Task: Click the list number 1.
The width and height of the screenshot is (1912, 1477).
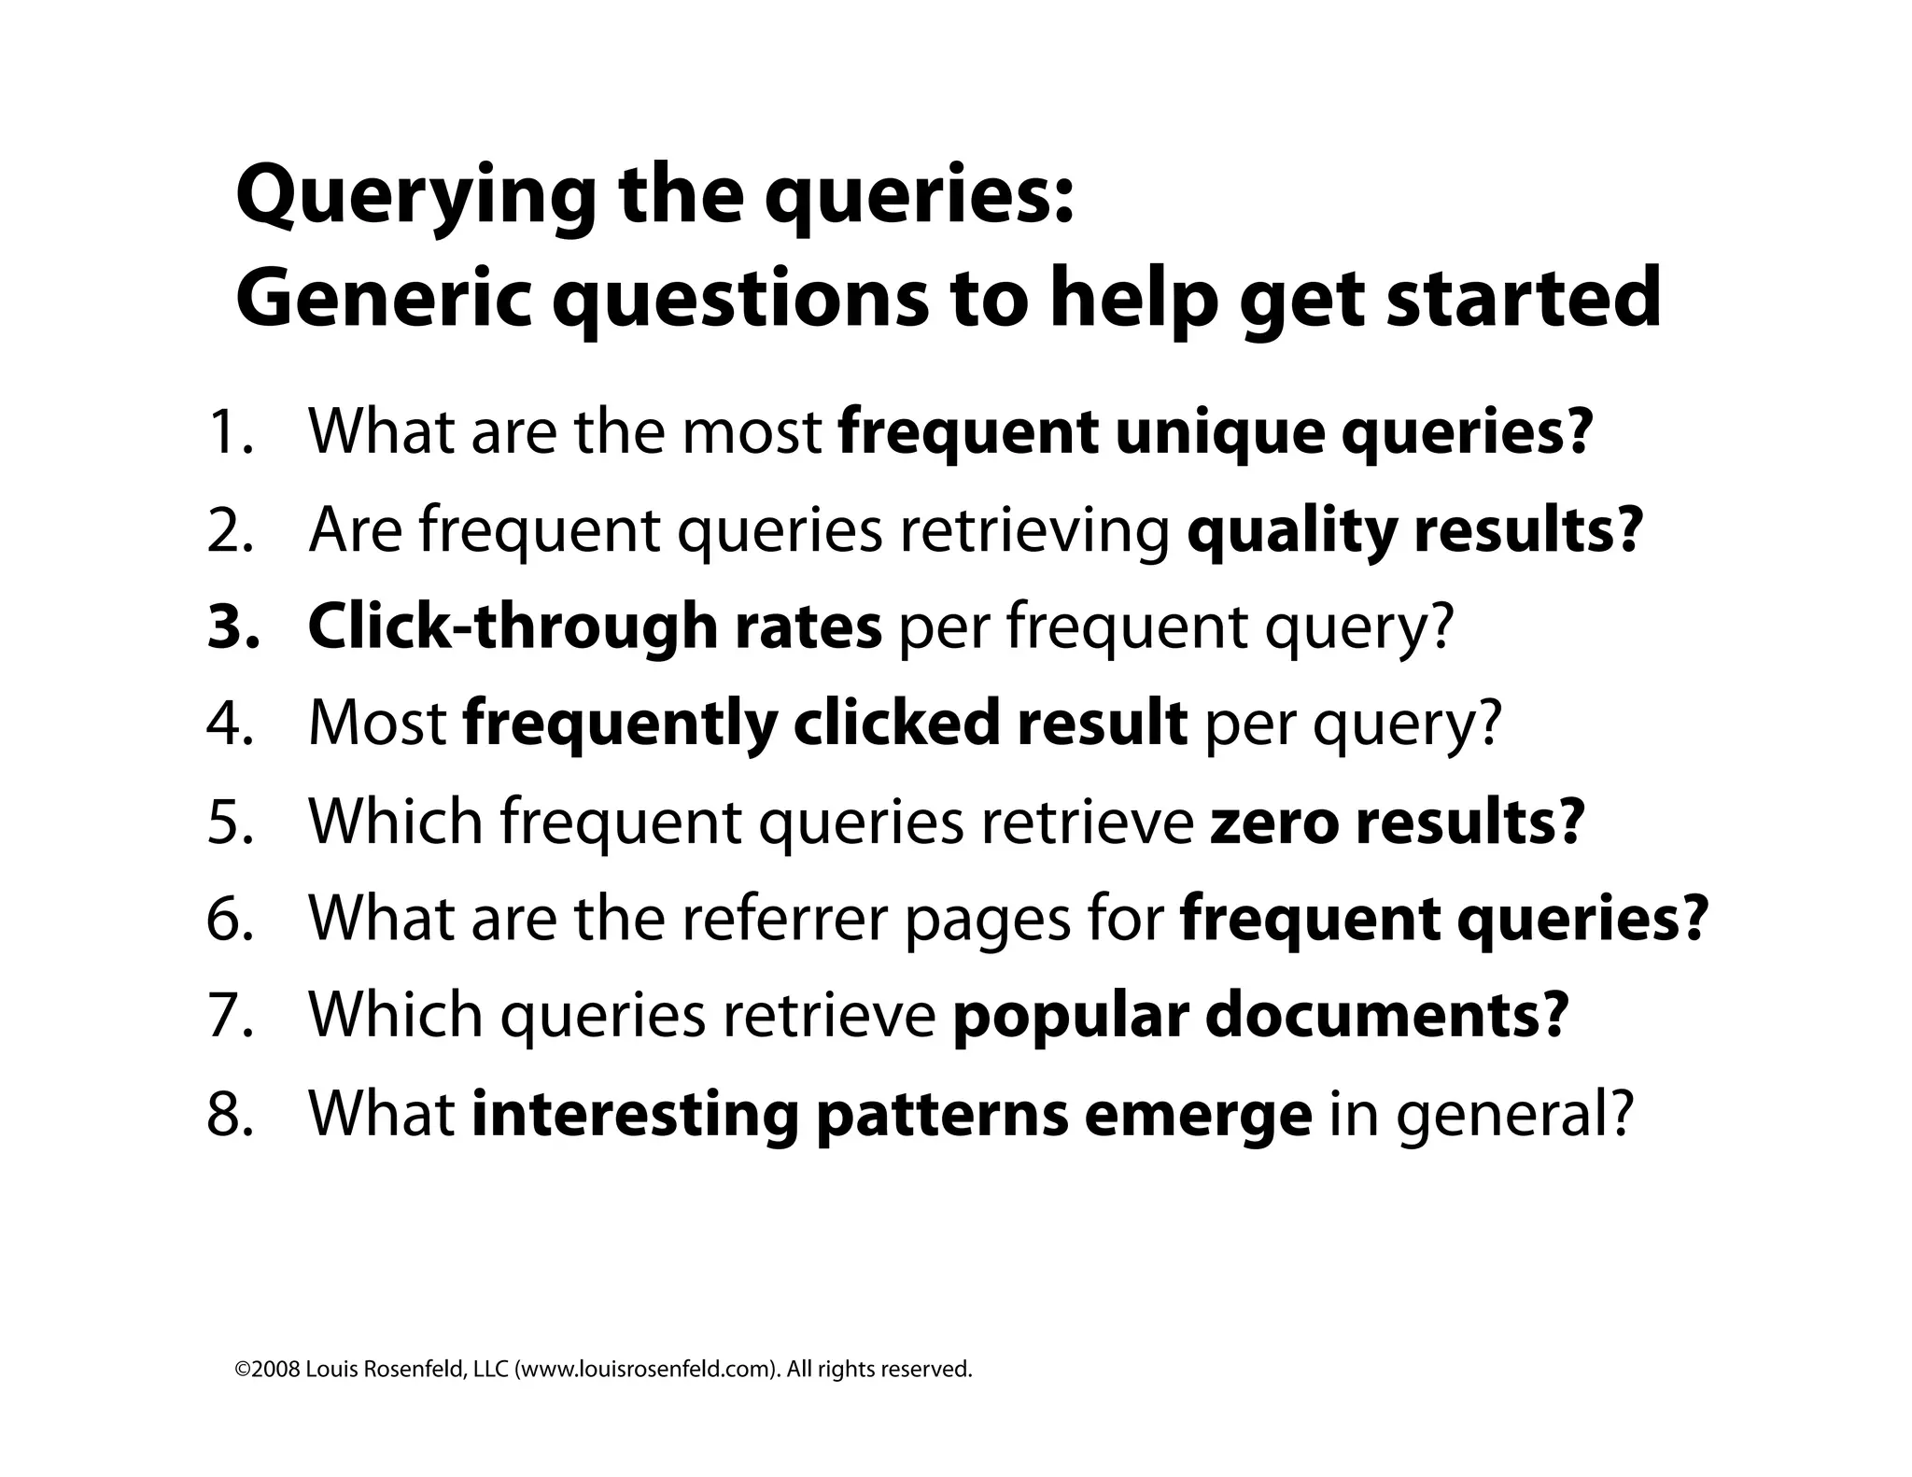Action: (229, 432)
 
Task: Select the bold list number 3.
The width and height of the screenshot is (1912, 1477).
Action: (232, 627)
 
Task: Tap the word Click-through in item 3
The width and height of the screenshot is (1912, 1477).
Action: (512, 627)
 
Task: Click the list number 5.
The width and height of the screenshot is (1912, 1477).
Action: (230, 822)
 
